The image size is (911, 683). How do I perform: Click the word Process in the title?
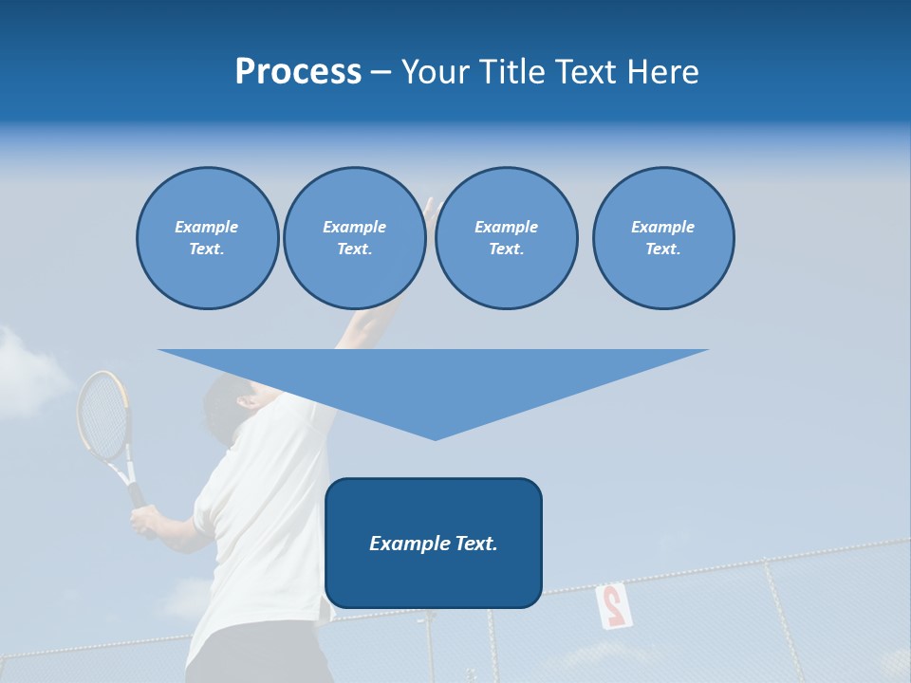pyautogui.click(x=298, y=72)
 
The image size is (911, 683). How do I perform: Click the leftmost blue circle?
pyautogui.click(x=207, y=237)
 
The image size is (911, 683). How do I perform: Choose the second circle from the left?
pyautogui.click(x=354, y=237)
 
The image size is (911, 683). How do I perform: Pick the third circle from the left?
pyautogui.click(x=506, y=237)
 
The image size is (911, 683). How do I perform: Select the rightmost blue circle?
pyautogui.click(x=662, y=237)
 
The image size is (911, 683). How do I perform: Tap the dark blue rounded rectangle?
pyautogui.click(x=433, y=579)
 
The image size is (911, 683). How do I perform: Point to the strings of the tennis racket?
pyautogui.click(x=102, y=414)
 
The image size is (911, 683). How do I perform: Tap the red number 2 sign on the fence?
pyautogui.click(x=612, y=605)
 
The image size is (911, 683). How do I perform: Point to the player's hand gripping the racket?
pyautogui.click(x=145, y=521)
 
